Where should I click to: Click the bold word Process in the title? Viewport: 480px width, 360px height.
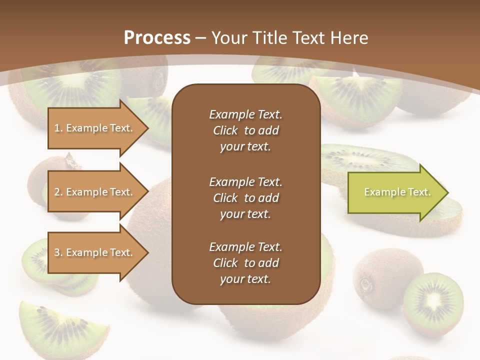[x=157, y=38]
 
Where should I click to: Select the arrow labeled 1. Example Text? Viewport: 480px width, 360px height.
[x=95, y=128]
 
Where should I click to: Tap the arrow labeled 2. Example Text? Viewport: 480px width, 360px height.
[x=95, y=192]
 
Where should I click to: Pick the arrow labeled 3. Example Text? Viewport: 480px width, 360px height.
[x=95, y=252]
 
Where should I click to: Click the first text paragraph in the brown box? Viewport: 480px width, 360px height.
[x=245, y=130]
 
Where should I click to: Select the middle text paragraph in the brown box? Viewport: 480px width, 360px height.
[x=245, y=198]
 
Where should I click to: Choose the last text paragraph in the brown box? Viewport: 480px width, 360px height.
[x=245, y=263]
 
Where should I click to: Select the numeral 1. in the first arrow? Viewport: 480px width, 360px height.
[x=58, y=128]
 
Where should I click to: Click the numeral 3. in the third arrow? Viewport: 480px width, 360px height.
[x=58, y=252]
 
